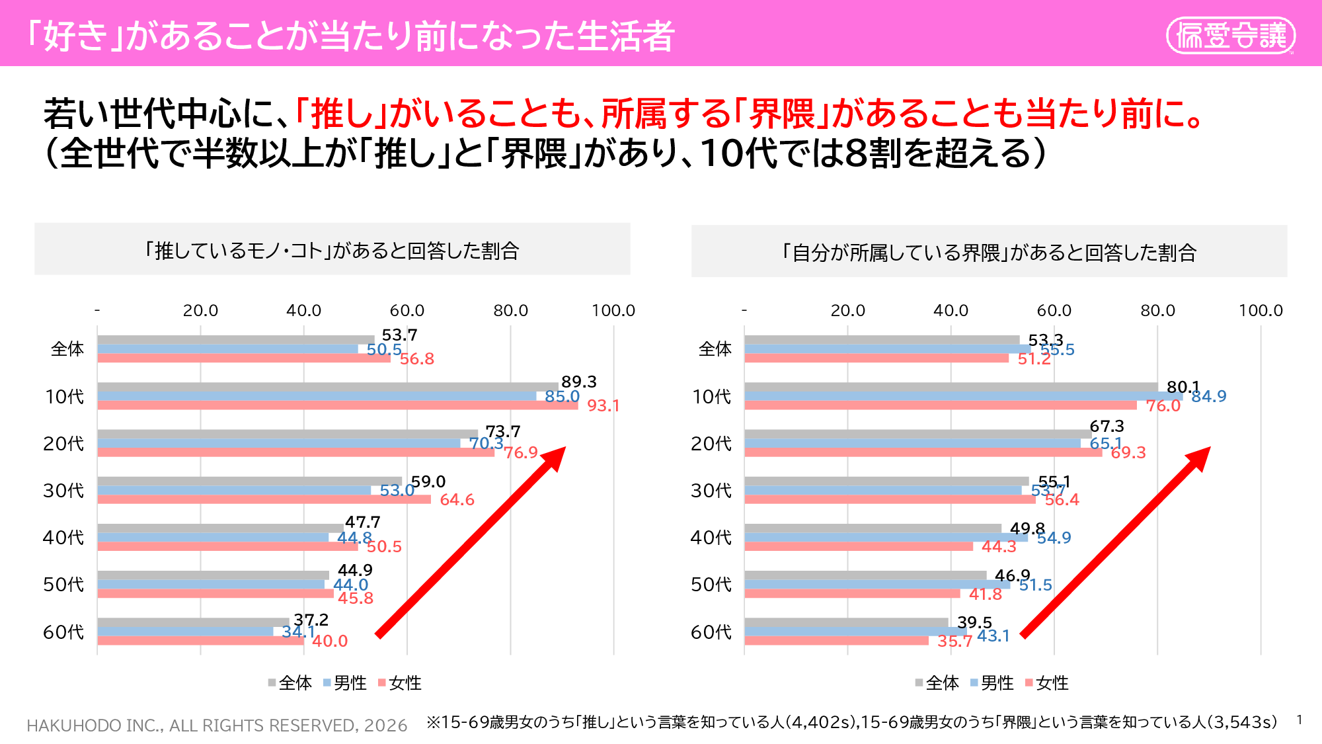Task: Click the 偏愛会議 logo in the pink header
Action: point(1230,35)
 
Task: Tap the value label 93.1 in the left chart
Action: point(603,405)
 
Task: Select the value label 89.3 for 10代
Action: point(578,382)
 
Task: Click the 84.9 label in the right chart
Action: point(1208,396)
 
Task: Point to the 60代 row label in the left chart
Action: point(63,632)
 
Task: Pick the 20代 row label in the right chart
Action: point(711,444)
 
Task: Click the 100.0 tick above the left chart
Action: point(613,310)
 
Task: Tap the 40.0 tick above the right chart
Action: point(951,310)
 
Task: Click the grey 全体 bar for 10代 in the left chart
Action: point(327,387)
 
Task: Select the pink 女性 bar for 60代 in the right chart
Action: point(836,640)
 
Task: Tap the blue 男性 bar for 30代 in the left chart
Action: point(234,490)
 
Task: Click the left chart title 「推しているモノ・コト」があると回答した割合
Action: point(332,251)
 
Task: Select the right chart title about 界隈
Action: point(989,253)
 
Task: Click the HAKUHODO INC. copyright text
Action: point(217,725)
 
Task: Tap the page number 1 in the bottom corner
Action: point(1299,720)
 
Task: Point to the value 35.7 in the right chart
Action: point(954,641)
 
